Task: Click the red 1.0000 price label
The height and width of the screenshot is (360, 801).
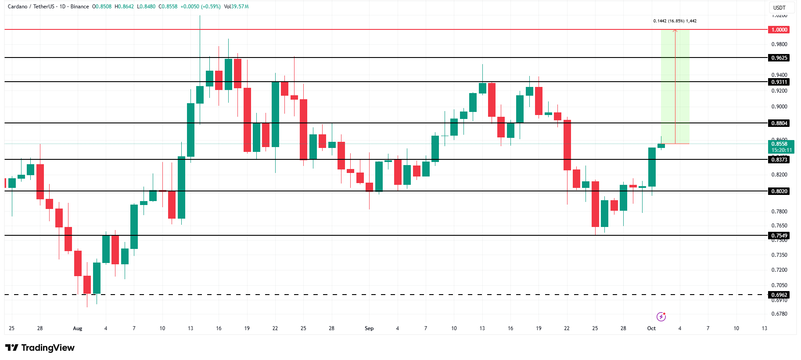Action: click(779, 30)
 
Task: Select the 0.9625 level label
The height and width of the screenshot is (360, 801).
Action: click(779, 58)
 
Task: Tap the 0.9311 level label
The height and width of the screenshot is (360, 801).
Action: click(779, 82)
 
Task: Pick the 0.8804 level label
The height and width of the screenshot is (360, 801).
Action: click(779, 123)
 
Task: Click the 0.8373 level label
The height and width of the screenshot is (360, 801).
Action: click(779, 160)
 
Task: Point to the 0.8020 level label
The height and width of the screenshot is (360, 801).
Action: click(779, 191)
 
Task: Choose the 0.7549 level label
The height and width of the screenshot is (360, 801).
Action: click(779, 236)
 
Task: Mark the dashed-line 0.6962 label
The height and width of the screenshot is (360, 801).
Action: click(779, 295)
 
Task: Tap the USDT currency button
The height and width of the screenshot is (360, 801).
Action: click(779, 7)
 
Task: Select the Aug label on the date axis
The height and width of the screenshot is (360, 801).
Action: click(78, 328)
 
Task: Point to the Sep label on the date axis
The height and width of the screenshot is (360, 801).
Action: click(369, 328)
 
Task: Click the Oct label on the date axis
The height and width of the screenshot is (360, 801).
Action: click(651, 328)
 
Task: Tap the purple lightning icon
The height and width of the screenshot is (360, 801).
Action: click(661, 317)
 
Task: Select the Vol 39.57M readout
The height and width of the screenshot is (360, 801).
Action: click(236, 7)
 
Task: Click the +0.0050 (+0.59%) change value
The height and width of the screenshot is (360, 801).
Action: click(200, 7)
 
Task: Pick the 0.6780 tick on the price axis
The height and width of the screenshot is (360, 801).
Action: click(779, 314)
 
